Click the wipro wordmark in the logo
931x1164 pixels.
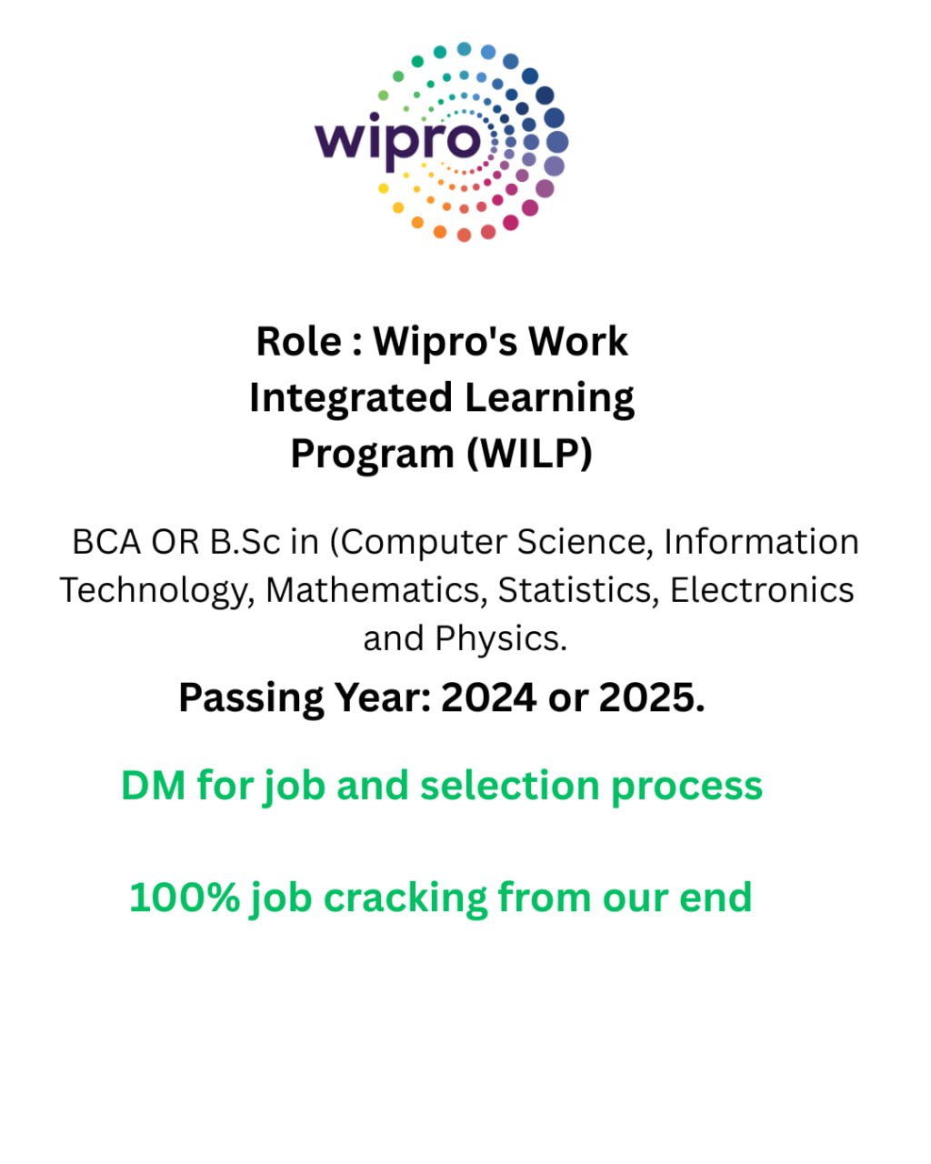point(397,141)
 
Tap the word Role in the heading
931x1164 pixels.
point(299,342)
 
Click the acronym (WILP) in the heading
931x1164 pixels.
point(530,453)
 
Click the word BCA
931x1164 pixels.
point(106,542)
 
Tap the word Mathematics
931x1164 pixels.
point(374,590)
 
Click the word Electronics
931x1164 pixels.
point(762,590)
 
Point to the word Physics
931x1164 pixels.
point(501,638)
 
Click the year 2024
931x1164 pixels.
point(489,697)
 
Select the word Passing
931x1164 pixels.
point(251,699)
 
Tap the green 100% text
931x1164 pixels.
point(185,898)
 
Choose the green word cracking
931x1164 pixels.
point(405,898)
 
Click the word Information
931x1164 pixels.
point(761,542)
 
